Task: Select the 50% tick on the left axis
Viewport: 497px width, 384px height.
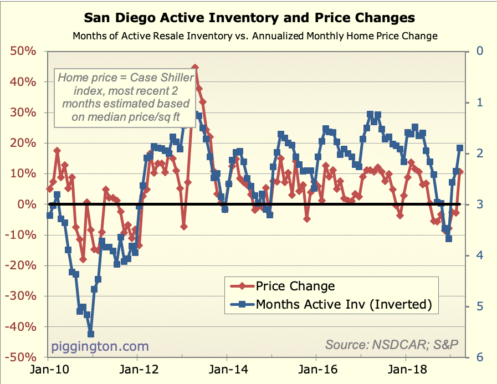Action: click(x=23, y=52)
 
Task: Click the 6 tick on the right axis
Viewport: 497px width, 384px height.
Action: click(x=472, y=358)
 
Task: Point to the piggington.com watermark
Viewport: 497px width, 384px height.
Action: click(x=100, y=346)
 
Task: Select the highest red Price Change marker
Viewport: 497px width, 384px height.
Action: click(x=194, y=68)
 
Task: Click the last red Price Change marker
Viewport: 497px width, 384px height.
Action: click(x=460, y=172)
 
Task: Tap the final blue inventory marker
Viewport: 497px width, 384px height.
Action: click(x=460, y=148)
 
